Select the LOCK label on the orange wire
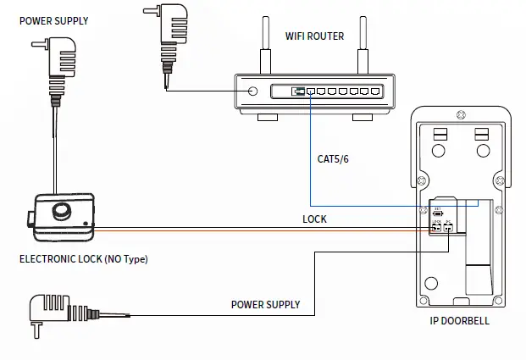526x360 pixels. (x=314, y=219)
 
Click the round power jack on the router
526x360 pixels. (x=252, y=91)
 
